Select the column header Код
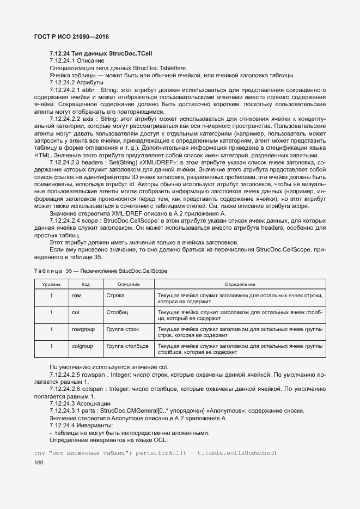click(x=86, y=284)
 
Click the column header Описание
click(x=128, y=284)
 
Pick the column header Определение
click(x=240, y=284)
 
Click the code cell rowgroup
click(x=83, y=329)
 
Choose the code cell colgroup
click(x=82, y=346)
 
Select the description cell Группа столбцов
click(x=127, y=346)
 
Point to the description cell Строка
click(x=115, y=296)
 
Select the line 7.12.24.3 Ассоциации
click(x=80, y=403)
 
